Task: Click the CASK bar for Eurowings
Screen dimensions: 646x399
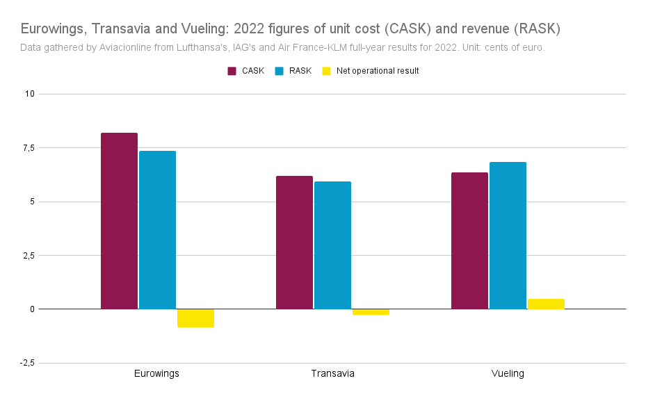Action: (x=119, y=221)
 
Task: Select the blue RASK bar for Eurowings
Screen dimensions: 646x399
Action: (x=157, y=230)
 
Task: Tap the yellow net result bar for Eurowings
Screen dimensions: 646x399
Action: (x=195, y=318)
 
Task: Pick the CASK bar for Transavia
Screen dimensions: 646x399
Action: (x=294, y=243)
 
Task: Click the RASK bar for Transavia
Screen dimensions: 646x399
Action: (x=332, y=245)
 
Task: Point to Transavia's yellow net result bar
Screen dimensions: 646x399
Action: (x=371, y=312)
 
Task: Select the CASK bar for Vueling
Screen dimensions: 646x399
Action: (x=469, y=241)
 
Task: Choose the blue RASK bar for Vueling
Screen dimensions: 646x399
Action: (x=508, y=236)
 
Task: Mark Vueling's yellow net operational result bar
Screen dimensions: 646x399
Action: (x=547, y=304)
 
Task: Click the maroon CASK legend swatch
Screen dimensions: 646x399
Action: (x=232, y=71)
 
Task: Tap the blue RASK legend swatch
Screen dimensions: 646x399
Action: (x=280, y=71)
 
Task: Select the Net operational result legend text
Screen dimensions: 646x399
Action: (x=378, y=71)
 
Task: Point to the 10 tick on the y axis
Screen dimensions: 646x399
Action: (x=30, y=94)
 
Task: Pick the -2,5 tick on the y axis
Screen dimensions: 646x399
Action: (x=27, y=363)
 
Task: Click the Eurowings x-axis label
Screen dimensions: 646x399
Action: (x=156, y=373)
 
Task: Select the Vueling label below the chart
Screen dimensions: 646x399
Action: (x=508, y=373)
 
